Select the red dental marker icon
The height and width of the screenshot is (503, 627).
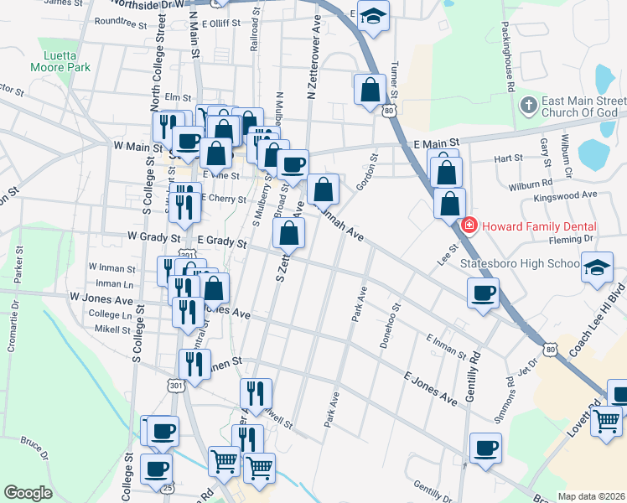[x=469, y=226]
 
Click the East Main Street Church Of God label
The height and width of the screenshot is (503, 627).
[x=579, y=106]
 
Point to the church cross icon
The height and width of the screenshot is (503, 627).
[x=528, y=106]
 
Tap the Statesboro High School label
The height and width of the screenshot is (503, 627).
[x=520, y=264]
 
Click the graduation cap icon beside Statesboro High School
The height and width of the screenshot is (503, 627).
[x=596, y=267]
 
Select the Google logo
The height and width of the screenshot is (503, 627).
[x=28, y=493]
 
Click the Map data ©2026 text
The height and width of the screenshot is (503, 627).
[x=592, y=496]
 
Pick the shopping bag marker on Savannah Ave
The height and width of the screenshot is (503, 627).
[x=323, y=190]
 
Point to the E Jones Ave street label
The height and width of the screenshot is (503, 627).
[x=431, y=389]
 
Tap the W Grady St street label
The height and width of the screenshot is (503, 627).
[x=153, y=238]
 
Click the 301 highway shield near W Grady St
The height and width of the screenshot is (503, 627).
[x=188, y=255]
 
